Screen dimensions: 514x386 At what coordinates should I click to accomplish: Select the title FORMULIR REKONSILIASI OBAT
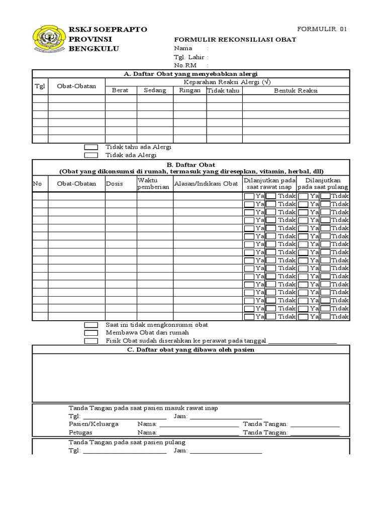235,40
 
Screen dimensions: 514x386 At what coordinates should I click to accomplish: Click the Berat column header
121,90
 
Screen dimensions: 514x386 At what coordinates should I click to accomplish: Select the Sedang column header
155,90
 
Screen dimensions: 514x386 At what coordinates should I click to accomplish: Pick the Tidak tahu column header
224,90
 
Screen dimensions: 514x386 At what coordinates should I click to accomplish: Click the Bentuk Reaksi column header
296,90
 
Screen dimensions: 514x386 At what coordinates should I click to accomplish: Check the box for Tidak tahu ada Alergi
91,147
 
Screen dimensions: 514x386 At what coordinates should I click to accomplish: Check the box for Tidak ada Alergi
91,155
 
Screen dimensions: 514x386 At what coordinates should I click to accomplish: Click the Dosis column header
115,184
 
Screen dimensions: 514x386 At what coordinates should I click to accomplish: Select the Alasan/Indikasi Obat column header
206,184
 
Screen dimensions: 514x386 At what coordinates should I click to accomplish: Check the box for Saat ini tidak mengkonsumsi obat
91,325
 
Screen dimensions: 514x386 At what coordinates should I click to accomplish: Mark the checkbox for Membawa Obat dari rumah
91,333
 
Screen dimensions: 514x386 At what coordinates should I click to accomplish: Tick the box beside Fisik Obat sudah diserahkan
91,341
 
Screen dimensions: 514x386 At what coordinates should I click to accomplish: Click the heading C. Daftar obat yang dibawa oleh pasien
190,349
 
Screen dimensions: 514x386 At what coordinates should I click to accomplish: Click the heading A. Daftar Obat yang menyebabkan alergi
190,74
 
